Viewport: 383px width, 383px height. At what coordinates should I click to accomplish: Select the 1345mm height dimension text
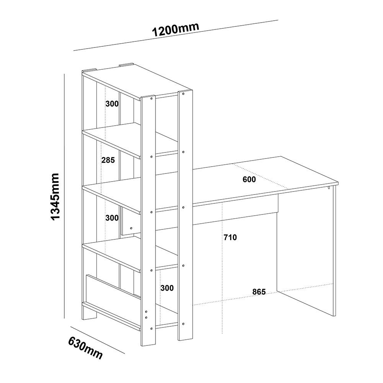(55, 196)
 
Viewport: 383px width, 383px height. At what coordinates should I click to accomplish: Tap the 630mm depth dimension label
(85, 348)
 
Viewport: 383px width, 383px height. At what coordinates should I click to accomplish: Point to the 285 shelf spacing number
(108, 160)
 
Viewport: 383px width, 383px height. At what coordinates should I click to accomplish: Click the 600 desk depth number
(249, 179)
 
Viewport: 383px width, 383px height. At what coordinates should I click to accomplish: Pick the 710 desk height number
(230, 237)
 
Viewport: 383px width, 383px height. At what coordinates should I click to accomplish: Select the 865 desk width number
(259, 291)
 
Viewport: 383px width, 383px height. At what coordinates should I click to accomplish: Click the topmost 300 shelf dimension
(112, 104)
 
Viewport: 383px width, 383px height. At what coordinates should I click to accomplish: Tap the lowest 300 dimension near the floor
(167, 288)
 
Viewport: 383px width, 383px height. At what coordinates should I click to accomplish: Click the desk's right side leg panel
(306, 252)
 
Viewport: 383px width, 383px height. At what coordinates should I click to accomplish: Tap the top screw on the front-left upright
(152, 98)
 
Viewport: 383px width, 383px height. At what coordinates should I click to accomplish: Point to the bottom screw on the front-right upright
(183, 324)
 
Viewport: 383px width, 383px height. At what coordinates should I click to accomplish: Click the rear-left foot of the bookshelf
(90, 314)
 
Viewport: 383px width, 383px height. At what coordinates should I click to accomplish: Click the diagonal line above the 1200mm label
(176, 35)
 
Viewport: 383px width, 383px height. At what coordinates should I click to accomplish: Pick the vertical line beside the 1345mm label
(64, 196)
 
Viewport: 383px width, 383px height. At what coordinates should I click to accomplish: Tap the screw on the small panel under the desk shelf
(131, 228)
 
